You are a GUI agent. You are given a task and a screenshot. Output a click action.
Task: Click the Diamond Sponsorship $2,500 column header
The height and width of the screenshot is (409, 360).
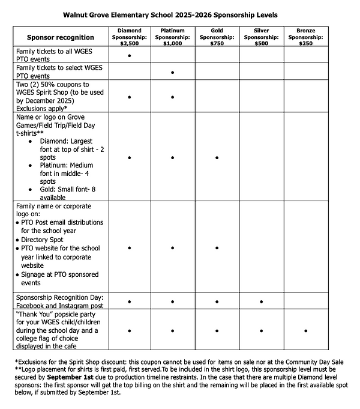click(129, 37)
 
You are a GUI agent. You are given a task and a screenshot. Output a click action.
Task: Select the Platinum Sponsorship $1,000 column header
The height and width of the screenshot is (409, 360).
click(173, 37)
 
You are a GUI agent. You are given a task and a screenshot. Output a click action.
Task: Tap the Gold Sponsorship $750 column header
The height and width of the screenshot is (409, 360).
click(217, 37)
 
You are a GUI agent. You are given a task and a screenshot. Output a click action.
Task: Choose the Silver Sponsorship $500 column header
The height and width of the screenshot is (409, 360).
click(261, 37)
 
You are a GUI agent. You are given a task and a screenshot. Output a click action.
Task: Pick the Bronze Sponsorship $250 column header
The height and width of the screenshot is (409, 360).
click(305, 37)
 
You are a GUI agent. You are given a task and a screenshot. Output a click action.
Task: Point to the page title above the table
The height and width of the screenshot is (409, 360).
click(179, 13)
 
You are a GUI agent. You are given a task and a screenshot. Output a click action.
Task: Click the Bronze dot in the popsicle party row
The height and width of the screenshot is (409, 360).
click(305, 330)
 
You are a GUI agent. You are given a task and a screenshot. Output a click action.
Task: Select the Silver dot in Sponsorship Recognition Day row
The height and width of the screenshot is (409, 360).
click(261, 301)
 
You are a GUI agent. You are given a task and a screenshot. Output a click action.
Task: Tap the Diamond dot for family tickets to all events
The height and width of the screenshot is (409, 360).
click(129, 55)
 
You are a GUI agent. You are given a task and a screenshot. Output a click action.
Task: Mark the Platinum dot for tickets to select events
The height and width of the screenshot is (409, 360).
click(173, 72)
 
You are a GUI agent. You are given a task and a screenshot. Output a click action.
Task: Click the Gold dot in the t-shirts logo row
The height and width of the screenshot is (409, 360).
click(217, 157)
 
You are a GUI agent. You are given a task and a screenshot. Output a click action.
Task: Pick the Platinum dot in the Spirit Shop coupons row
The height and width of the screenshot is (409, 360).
click(173, 96)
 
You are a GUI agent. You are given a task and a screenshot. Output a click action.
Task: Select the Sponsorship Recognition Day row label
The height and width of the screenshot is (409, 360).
click(59, 301)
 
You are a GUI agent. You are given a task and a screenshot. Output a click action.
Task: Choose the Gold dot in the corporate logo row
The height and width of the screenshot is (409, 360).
click(217, 247)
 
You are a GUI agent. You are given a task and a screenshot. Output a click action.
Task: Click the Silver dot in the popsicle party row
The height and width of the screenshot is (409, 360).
click(261, 330)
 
